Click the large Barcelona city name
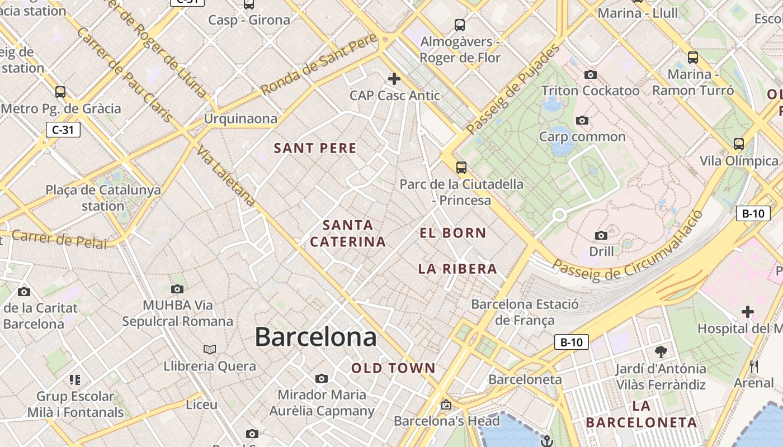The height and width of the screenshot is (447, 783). click(315, 337)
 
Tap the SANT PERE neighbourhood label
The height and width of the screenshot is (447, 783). click(315, 148)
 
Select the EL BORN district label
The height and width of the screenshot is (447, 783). click(453, 233)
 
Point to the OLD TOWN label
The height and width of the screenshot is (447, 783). click(393, 368)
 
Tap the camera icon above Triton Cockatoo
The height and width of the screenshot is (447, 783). click(590, 74)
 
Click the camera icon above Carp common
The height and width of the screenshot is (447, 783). click(582, 120)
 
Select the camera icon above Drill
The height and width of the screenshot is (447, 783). click(601, 235)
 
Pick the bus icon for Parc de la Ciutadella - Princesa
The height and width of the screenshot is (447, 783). click(461, 167)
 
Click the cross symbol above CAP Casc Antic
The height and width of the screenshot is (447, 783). click(394, 78)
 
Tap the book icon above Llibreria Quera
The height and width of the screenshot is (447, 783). click(210, 349)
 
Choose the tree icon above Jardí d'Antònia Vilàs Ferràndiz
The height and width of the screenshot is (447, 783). click(661, 351)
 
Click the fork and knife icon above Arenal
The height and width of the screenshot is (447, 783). click(754, 367)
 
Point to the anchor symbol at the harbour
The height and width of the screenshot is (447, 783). click(546, 441)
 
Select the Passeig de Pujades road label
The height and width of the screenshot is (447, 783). click(513, 89)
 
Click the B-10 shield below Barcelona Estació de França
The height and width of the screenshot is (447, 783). click(571, 342)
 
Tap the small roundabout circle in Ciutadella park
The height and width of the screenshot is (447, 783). click(559, 215)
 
